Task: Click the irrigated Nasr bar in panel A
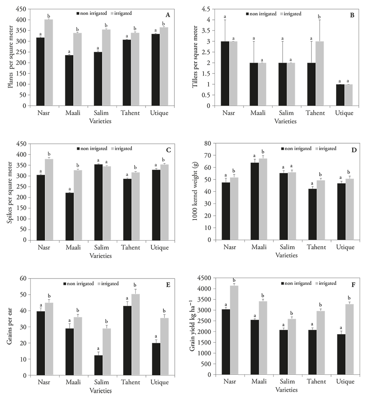coord(49,63)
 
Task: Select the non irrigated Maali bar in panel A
coord(69,80)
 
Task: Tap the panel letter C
coord(168,150)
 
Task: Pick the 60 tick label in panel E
coord(23,279)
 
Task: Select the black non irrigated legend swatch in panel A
coord(78,13)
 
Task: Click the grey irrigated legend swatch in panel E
coord(98,284)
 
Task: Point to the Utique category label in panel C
coord(159,248)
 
